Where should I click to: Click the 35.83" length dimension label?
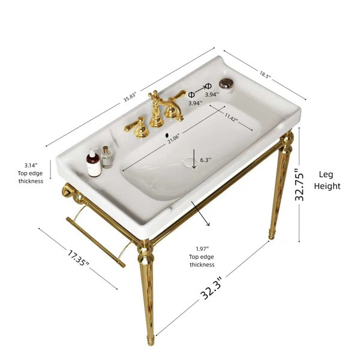(x=130, y=97)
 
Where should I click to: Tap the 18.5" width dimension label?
(x=265, y=74)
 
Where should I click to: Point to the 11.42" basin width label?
(x=231, y=118)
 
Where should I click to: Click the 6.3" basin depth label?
(x=205, y=160)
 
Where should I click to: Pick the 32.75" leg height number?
(x=299, y=184)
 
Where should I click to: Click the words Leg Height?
(x=327, y=180)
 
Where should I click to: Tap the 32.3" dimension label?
(x=211, y=289)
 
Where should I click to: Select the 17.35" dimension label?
(x=78, y=259)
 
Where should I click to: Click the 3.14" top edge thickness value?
(x=31, y=165)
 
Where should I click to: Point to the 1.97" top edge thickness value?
(x=202, y=248)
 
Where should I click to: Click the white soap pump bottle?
(x=94, y=163)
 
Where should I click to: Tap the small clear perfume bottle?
(x=107, y=157)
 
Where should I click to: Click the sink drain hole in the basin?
(x=190, y=163)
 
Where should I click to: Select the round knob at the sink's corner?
(x=227, y=84)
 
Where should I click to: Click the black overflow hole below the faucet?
(x=167, y=135)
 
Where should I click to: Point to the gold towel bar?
(x=96, y=242)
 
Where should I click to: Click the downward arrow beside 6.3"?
(x=194, y=159)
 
